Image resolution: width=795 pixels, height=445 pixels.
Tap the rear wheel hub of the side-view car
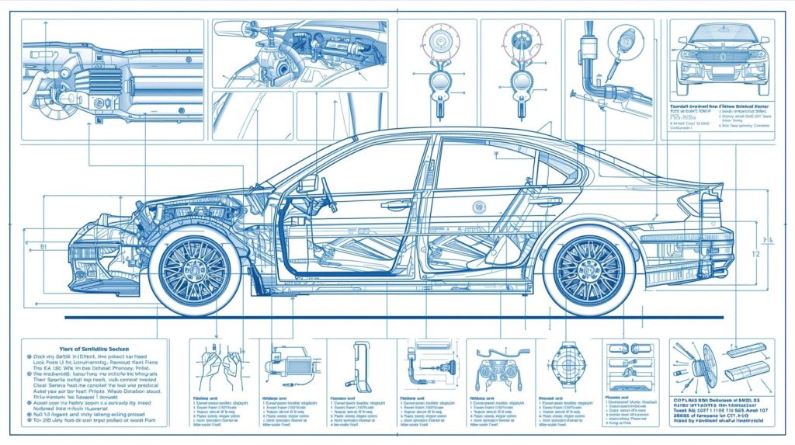click(589, 271)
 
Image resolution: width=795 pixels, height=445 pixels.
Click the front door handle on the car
click(396, 204)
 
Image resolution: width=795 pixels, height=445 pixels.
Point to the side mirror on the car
click(307, 184)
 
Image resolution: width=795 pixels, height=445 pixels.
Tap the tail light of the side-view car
click(693, 203)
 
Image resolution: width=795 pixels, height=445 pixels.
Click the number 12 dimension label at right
click(753, 254)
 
